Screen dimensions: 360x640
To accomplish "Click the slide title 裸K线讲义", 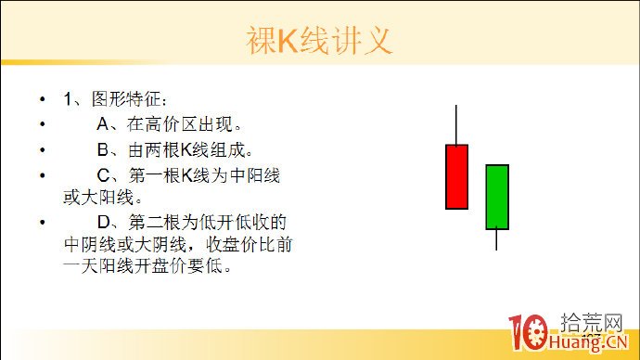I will (319, 40).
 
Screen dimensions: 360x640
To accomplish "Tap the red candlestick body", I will (456, 176).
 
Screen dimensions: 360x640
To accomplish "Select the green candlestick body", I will (497, 197).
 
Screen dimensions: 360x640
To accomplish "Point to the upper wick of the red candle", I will (456, 124).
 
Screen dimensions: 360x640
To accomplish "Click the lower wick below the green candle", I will (497, 239).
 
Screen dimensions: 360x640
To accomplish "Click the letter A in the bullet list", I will (103, 122).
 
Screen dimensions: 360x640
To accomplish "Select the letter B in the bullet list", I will (103, 148).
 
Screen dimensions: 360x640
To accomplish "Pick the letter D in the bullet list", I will (103, 223).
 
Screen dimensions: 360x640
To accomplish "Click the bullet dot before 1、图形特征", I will (42, 98).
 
